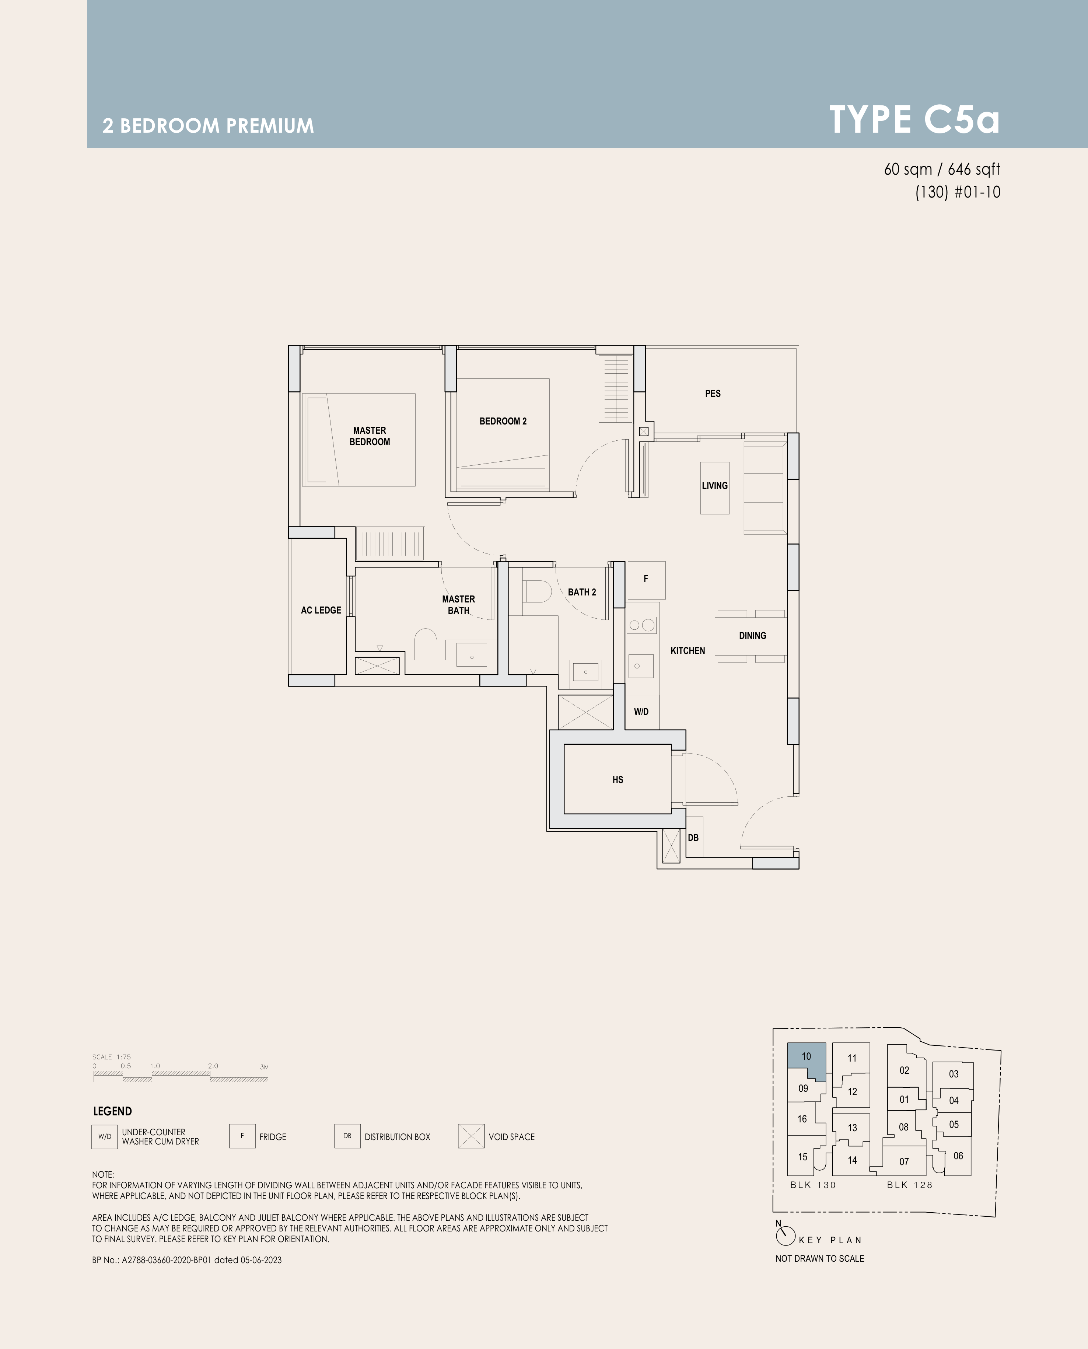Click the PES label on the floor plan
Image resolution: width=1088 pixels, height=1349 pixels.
pyautogui.click(x=713, y=394)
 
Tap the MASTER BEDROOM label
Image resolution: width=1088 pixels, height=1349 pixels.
pyautogui.click(x=370, y=436)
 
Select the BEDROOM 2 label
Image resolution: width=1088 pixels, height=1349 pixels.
pyautogui.click(x=503, y=421)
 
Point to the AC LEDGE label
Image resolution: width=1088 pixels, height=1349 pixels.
pyautogui.click(x=321, y=610)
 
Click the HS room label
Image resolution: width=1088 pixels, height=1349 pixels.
pyautogui.click(x=618, y=780)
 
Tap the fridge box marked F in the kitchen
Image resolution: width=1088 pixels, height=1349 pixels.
pyautogui.click(x=646, y=580)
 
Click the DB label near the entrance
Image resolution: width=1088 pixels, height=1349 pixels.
pyautogui.click(x=693, y=838)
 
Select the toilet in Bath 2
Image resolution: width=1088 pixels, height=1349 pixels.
pyautogui.click(x=536, y=591)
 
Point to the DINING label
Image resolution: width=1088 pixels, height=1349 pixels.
pyautogui.click(x=752, y=636)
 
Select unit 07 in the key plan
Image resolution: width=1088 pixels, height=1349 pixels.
pyautogui.click(x=904, y=1161)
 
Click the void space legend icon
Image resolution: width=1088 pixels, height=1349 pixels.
pyautogui.click(x=471, y=1136)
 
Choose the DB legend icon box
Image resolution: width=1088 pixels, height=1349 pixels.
pyautogui.click(x=347, y=1136)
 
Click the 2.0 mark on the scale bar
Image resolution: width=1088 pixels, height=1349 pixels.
pyautogui.click(x=213, y=1066)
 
